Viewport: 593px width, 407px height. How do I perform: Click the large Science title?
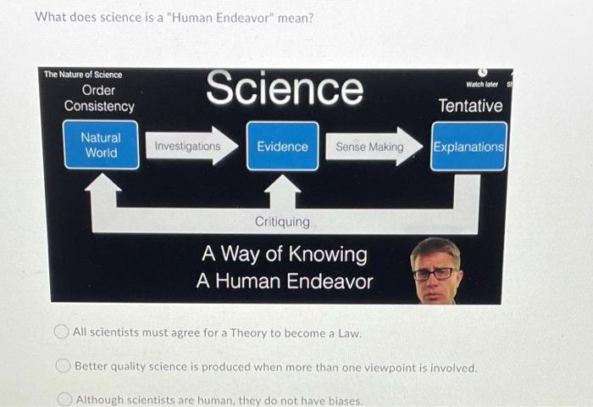point(285,89)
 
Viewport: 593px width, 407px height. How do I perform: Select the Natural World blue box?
point(101,145)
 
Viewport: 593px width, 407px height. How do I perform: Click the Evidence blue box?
point(282,146)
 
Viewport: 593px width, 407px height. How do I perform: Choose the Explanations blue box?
point(468,146)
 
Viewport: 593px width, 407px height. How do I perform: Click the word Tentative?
point(469,106)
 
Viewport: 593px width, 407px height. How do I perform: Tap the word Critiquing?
point(282,221)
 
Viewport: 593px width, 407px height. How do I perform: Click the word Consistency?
point(99,107)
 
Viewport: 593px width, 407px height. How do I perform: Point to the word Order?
point(99,90)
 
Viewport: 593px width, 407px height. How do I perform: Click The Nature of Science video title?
point(83,75)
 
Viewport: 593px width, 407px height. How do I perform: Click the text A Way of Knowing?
point(284,254)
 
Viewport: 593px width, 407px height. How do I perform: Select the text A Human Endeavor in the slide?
point(284,281)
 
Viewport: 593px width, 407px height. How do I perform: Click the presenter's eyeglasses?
point(433,273)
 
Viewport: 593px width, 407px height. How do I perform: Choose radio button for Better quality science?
point(63,366)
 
